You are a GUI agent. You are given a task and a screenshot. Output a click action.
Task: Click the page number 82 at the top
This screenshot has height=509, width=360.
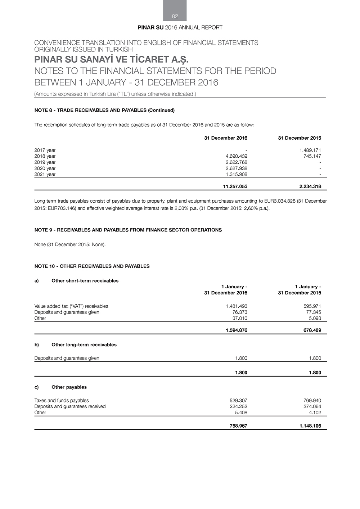click(x=175, y=16)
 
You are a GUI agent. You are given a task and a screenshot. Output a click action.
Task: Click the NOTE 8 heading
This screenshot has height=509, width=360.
click(x=104, y=110)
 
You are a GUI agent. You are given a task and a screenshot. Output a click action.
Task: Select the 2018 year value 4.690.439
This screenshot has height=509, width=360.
click(x=236, y=156)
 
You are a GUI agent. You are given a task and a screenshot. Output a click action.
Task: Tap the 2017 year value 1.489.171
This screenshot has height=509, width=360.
click(x=310, y=150)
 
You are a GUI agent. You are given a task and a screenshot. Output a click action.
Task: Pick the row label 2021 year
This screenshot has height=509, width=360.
click(x=45, y=175)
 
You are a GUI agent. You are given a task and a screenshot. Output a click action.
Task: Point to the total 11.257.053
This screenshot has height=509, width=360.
click(x=235, y=186)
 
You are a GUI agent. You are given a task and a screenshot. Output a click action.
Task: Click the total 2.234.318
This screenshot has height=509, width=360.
click(x=310, y=186)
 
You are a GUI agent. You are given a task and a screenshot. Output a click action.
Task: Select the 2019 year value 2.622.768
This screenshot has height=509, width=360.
click(x=236, y=162)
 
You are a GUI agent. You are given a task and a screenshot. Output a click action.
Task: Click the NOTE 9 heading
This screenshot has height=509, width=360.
click(x=128, y=230)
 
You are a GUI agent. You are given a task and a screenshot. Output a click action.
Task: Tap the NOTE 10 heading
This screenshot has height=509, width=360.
click(x=92, y=266)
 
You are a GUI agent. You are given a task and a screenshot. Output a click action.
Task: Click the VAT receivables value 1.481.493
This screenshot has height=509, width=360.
click(x=236, y=306)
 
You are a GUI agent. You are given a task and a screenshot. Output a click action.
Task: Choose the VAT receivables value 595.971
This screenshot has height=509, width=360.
click(x=312, y=306)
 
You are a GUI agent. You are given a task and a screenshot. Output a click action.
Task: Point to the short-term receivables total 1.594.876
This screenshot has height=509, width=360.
click(x=236, y=330)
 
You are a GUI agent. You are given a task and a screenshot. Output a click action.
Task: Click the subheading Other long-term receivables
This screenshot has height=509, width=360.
click(x=84, y=345)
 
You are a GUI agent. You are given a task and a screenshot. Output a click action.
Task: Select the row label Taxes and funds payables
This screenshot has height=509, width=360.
click(x=62, y=401)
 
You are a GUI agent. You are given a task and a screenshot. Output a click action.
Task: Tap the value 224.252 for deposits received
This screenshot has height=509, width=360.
click(x=238, y=407)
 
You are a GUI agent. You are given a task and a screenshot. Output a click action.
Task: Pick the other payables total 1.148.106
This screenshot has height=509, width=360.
click(x=310, y=426)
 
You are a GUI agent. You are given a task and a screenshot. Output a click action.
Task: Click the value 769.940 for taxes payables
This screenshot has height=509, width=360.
click(x=312, y=401)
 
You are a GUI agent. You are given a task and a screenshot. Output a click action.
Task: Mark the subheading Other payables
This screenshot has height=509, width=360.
click(x=69, y=387)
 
